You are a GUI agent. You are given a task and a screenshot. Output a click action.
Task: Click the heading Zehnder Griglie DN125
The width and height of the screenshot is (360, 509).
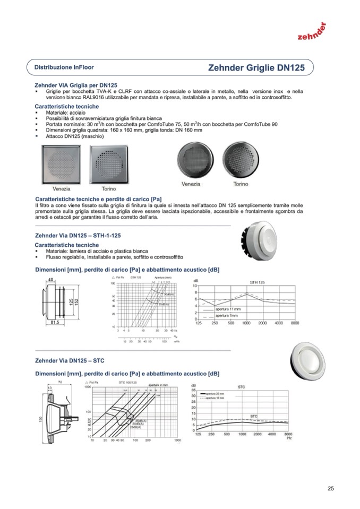pyautogui.click(x=256, y=68)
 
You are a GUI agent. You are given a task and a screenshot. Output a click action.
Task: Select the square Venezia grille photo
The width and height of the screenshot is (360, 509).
pyautogui.click(x=62, y=165)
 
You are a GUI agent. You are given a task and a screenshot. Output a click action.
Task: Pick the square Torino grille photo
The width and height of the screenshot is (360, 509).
pyautogui.click(x=109, y=165)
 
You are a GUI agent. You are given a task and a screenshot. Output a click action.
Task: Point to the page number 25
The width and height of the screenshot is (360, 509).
pyautogui.click(x=331, y=489)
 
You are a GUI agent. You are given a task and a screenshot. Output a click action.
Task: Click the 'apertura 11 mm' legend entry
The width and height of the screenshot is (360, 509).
pyautogui.click(x=228, y=309)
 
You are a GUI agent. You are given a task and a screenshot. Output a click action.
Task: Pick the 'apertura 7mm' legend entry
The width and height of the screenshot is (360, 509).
pyautogui.click(x=227, y=315)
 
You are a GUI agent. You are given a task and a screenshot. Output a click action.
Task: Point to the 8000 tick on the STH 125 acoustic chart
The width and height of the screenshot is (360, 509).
pyautogui.click(x=295, y=323)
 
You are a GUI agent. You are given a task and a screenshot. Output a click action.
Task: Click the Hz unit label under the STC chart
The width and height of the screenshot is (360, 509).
pyautogui.click(x=289, y=438)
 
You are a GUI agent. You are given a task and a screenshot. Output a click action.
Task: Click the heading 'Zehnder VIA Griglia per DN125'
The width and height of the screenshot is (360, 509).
pyautogui.click(x=76, y=84)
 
